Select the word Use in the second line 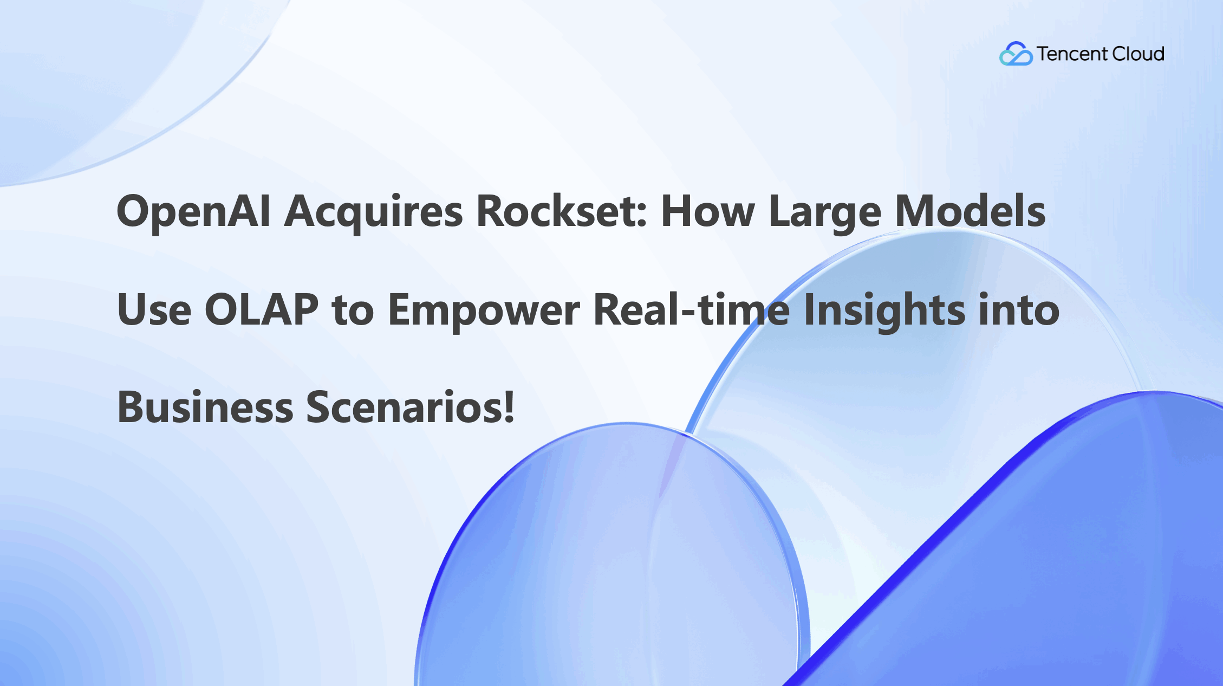(x=154, y=310)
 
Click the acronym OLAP (x=262, y=310)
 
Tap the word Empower (x=484, y=310)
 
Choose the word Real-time (x=691, y=310)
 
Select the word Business (x=205, y=407)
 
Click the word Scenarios (x=403, y=407)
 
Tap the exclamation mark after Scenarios (x=509, y=407)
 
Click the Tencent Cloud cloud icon (x=1016, y=54)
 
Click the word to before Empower (x=353, y=310)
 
